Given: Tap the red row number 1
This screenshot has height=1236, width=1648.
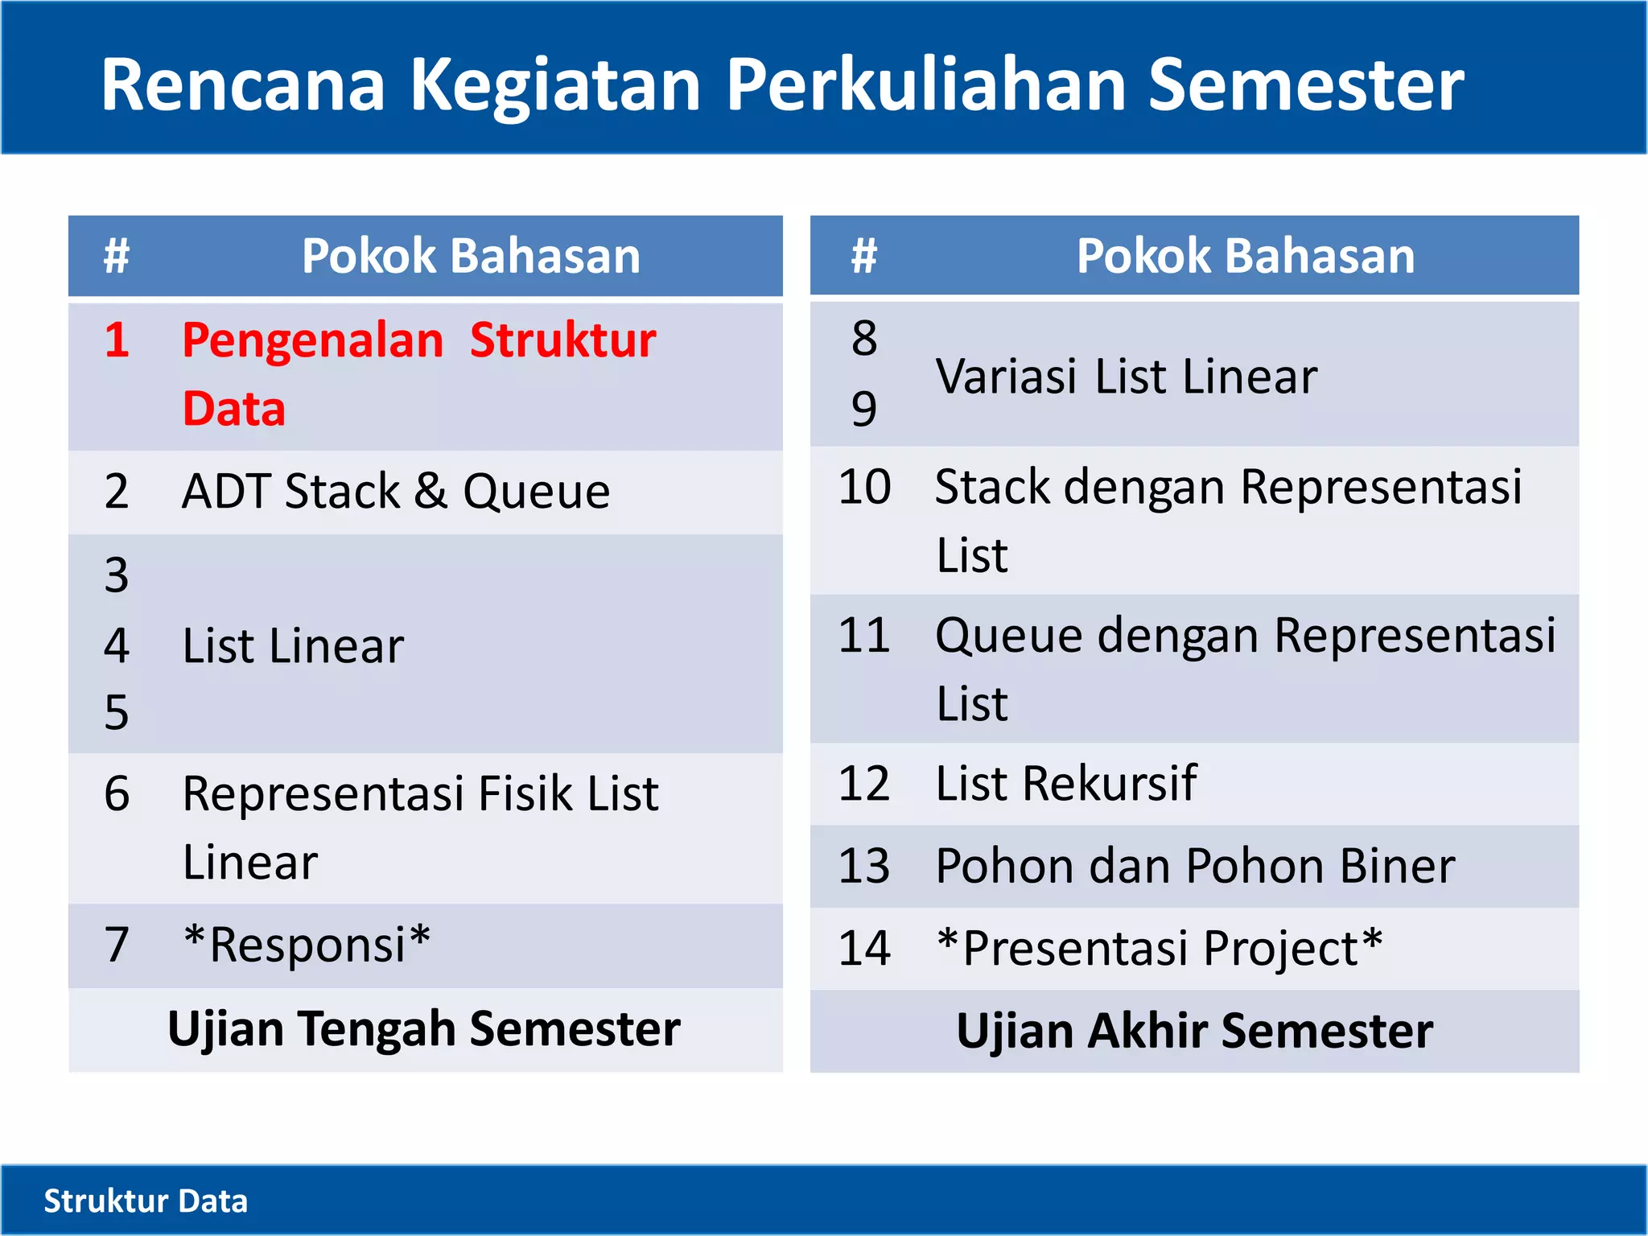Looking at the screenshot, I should click(117, 340).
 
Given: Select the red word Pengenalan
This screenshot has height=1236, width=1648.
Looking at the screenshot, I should click(312, 341).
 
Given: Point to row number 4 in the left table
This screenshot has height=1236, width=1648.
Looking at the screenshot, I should click(117, 645).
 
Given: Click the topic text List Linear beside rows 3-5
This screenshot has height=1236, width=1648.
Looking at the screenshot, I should click(293, 645).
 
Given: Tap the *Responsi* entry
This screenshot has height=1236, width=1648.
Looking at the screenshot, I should click(307, 944).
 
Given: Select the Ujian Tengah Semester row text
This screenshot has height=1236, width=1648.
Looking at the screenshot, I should click(424, 1029).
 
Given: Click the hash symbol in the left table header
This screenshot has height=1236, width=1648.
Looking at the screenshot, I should click(117, 256).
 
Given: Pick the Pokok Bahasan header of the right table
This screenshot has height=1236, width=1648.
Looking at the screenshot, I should click(1245, 256).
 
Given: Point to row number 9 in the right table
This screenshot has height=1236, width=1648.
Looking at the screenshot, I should click(864, 408).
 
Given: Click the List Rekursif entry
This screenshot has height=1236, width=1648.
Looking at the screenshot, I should click(1065, 783).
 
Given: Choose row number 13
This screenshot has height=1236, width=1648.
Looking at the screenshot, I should click(864, 866).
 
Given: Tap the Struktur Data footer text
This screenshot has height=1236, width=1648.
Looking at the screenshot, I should click(146, 1201).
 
